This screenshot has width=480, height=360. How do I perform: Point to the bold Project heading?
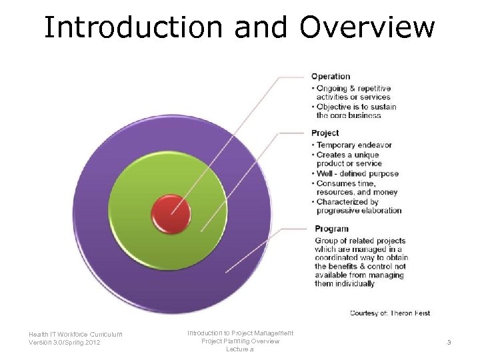pyautogui.click(x=325, y=133)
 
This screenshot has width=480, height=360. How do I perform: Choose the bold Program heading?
pyautogui.click(x=331, y=229)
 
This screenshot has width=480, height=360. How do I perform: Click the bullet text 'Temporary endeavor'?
pyautogui.click(x=354, y=145)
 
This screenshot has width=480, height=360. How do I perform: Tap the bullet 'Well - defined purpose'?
pyautogui.click(x=357, y=173)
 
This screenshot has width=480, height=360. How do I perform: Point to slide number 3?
pyautogui.click(x=449, y=343)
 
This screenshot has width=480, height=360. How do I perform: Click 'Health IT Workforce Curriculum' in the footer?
pyautogui.click(x=75, y=335)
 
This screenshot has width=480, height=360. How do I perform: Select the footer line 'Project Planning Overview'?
pyautogui.click(x=240, y=341)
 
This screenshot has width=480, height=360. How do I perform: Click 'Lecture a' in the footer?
pyautogui.click(x=240, y=349)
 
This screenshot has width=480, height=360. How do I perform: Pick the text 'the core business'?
pyautogui.click(x=349, y=115)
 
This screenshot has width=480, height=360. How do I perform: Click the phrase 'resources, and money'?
pyautogui.click(x=357, y=192)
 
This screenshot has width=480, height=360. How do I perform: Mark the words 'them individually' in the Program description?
pyautogui.click(x=345, y=283)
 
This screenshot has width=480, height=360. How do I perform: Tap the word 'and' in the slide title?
pyautogui.click(x=254, y=27)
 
